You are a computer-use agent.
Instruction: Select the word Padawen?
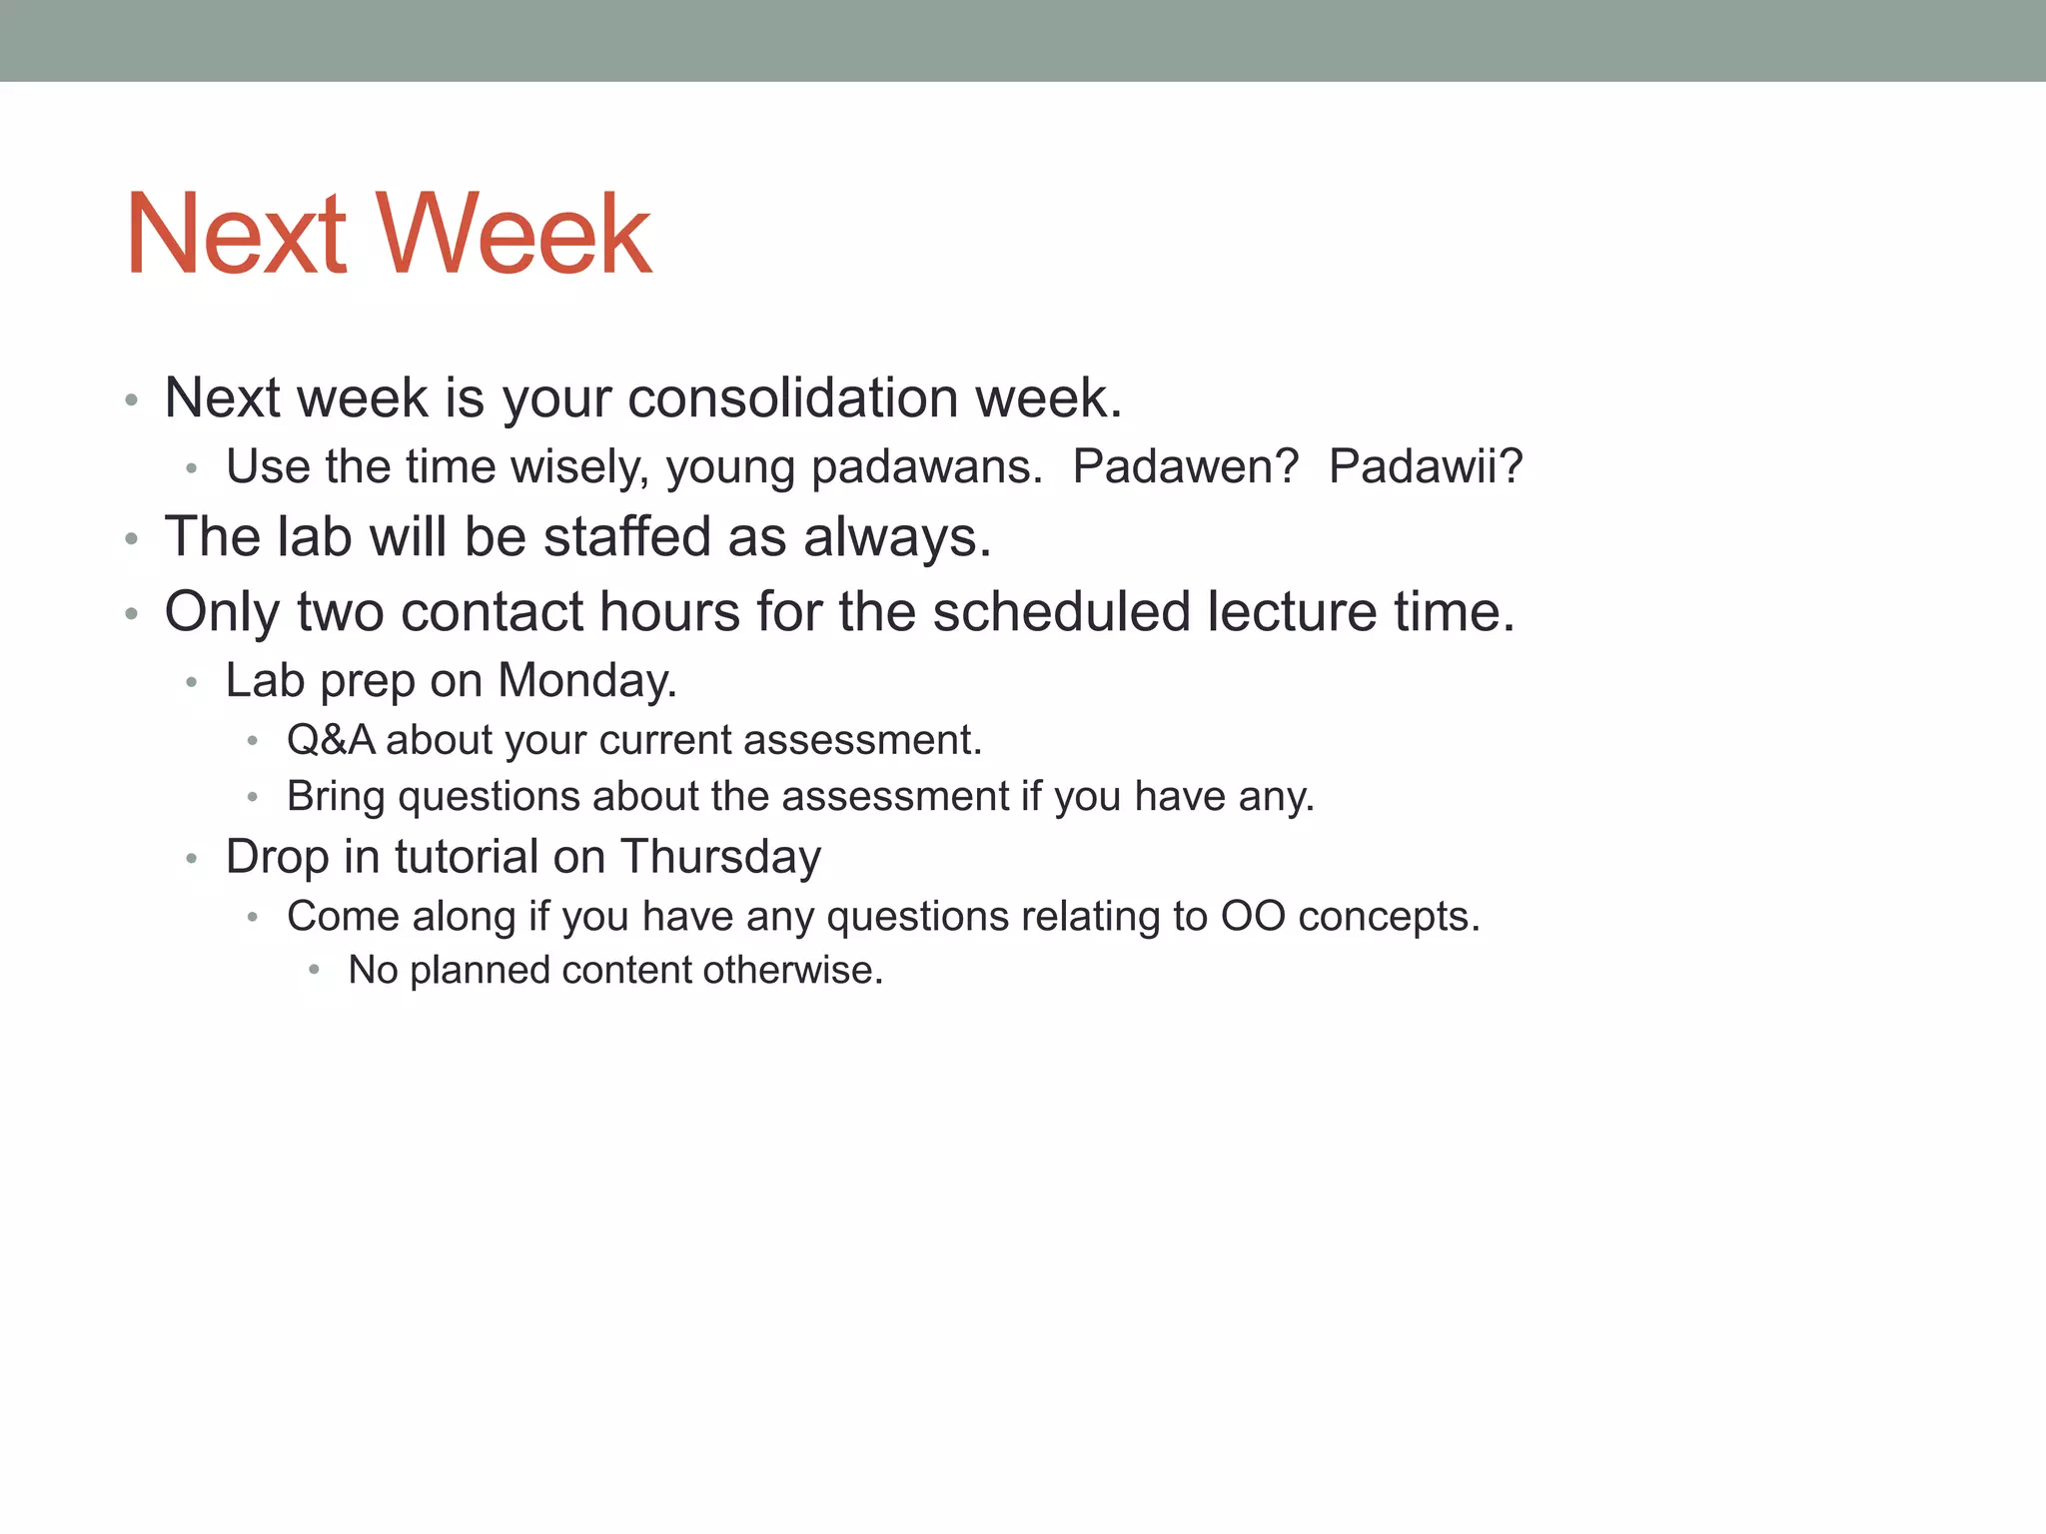[1185, 466]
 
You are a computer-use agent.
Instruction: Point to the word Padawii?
[1425, 466]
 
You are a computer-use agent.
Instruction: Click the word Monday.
[586, 681]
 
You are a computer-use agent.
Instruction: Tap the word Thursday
[720, 857]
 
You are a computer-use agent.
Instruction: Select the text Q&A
[331, 740]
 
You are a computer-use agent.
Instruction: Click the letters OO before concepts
[1253, 916]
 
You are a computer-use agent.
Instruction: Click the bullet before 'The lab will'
[131, 539]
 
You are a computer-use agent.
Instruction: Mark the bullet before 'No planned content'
[315, 970]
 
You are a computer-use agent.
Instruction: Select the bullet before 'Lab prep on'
[192, 683]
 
